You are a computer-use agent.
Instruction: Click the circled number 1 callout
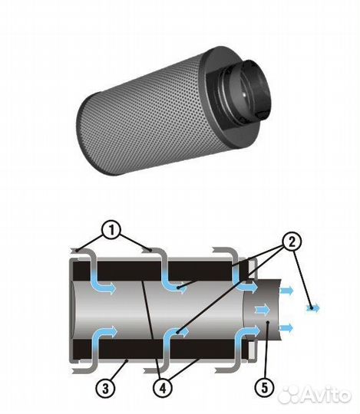tap(111, 231)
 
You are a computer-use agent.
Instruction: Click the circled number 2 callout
tap(292, 242)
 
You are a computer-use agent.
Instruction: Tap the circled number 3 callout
tap(105, 389)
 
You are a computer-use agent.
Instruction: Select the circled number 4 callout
tap(163, 389)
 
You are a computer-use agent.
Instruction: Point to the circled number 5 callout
tap(265, 388)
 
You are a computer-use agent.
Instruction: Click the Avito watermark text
tap(326, 395)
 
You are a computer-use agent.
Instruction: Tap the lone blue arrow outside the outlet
tap(312, 308)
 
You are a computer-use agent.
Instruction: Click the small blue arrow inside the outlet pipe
tap(263, 310)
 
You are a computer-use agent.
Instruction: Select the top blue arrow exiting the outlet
tap(286, 291)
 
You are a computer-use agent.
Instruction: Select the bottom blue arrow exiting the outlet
tap(286, 328)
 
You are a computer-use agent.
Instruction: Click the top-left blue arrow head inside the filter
tap(111, 288)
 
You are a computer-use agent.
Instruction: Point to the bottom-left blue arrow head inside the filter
tap(112, 330)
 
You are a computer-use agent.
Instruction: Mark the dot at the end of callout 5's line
tap(267, 322)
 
